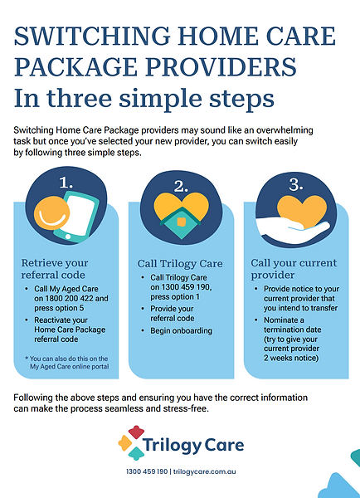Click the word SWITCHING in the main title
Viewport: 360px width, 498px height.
tap(92, 36)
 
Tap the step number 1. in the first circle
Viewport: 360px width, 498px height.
tap(66, 183)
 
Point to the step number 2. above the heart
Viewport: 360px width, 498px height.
tap(181, 187)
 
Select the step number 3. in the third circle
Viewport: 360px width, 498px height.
tap(296, 184)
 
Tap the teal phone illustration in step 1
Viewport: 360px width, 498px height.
tap(77, 217)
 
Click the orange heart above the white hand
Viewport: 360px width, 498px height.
tap(302, 211)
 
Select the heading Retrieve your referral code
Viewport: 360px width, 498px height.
tap(55, 269)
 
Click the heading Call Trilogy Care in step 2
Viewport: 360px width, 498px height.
tap(180, 264)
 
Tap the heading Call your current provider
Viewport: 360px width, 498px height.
tap(294, 269)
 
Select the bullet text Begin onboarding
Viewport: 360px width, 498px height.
tap(182, 330)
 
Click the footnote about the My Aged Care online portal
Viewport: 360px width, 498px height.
tap(67, 363)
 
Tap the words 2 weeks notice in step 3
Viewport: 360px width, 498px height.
tap(291, 359)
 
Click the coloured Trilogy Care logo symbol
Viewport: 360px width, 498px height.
tap(132, 442)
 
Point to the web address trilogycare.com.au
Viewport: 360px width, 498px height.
tap(204, 471)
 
